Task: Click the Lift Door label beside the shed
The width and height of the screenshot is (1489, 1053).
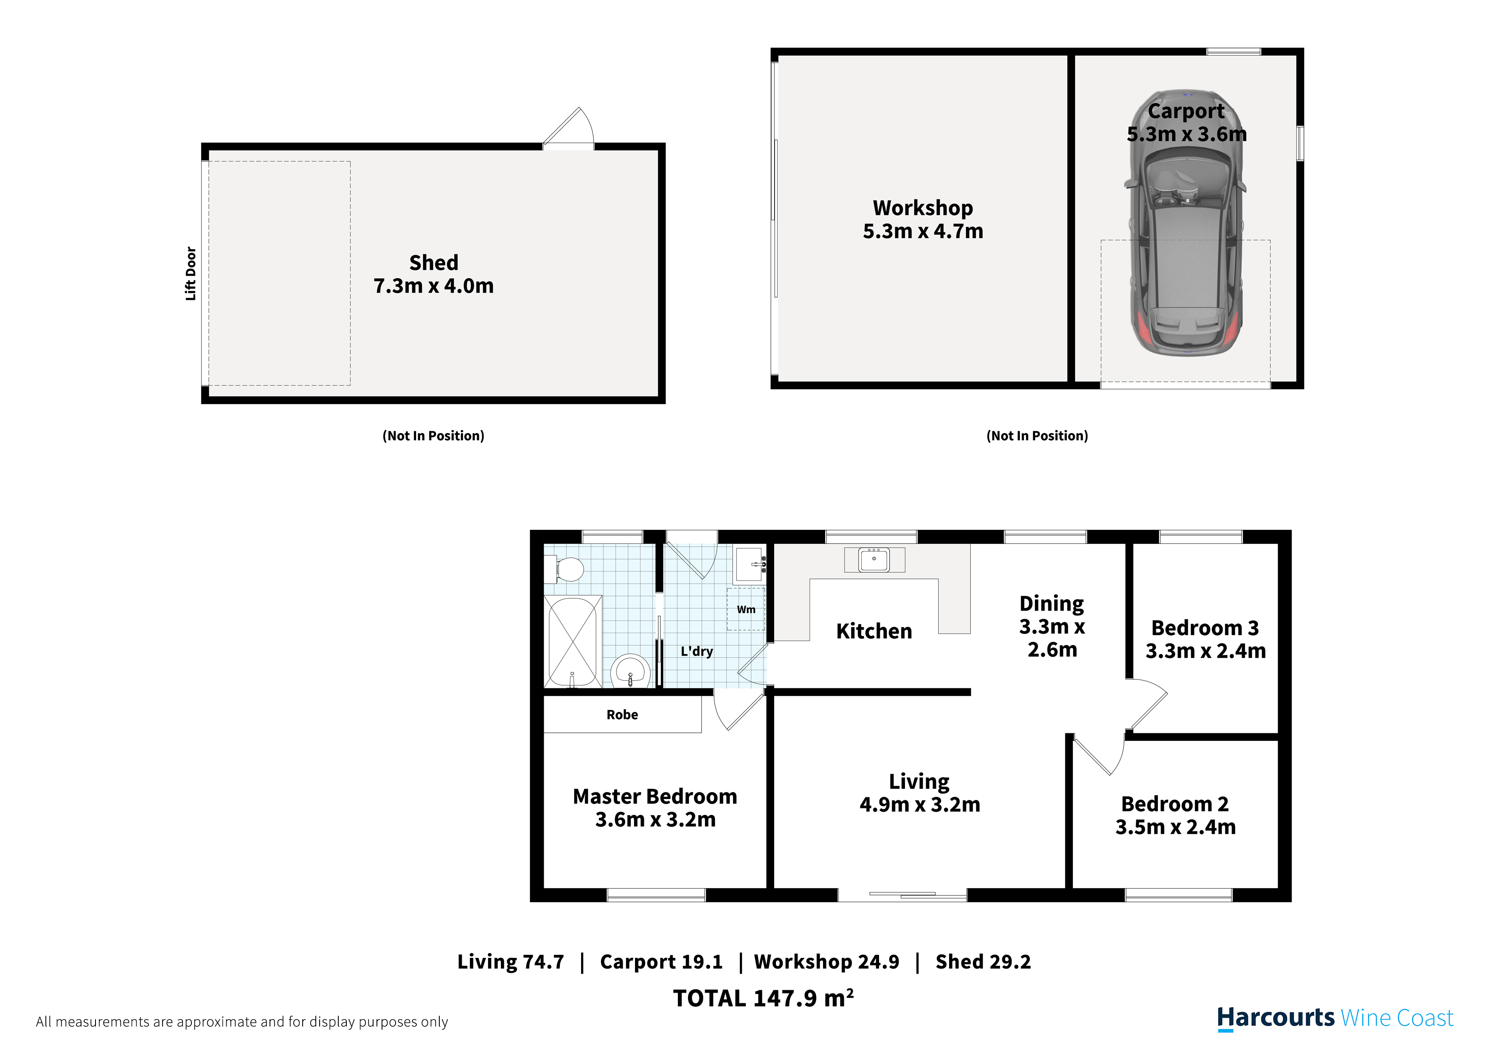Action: pos(191,273)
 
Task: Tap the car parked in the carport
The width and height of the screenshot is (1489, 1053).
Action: pos(1186,222)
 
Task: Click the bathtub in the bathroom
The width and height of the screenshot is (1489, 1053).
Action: pos(573,642)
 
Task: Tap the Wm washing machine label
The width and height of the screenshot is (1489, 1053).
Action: pos(746,609)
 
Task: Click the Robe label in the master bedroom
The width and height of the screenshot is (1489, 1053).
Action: pos(622,714)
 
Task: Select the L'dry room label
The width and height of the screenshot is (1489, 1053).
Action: pos(697,651)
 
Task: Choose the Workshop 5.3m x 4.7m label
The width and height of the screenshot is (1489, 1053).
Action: pos(923,219)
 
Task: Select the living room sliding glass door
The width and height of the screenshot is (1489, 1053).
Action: pos(902,895)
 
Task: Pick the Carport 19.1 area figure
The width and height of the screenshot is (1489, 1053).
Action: pos(661,962)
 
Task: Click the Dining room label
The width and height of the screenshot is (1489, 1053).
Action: pos(1051,626)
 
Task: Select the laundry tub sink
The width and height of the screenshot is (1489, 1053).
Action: pos(750,564)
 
